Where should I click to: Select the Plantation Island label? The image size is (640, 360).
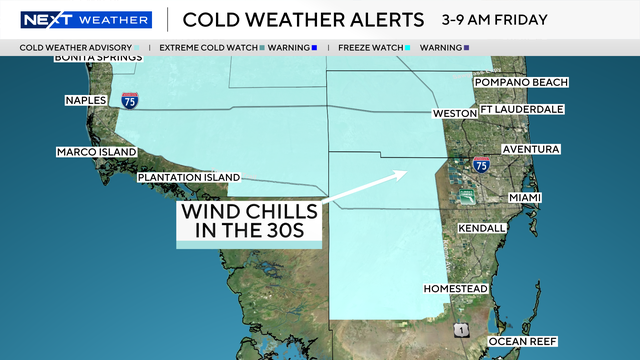tap(189, 177)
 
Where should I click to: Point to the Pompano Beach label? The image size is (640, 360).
tap(521, 82)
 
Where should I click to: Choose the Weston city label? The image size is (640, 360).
tap(453, 114)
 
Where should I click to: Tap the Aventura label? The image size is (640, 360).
tap(531, 149)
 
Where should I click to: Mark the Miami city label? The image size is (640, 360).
tap(525, 198)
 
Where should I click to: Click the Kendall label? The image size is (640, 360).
tap(481, 229)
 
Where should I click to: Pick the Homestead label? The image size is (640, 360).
tap(456, 289)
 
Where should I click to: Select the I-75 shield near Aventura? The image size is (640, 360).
tap(482, 164)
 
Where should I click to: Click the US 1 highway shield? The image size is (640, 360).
tap(459, 329)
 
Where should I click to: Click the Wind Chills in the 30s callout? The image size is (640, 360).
tap(250, 223)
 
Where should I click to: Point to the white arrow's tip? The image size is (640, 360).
tap(405, 172)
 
